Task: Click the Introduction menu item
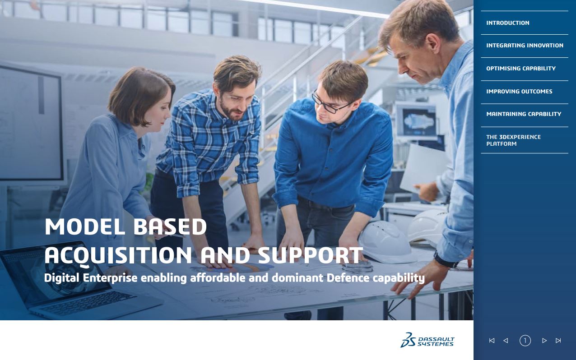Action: point(507,23)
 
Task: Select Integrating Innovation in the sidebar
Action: point(525,46)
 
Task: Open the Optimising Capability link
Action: point(520,69)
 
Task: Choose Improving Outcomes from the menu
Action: point(519,92)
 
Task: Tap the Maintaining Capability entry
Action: point(524,114)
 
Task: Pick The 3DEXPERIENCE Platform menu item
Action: point(513,140)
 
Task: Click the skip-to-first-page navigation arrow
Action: point(492,341)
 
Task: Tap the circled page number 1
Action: point(525,341)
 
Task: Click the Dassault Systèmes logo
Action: point(427,340)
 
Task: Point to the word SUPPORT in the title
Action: point(311,255)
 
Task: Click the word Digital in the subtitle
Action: point(62,278)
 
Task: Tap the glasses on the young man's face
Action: point(330,104)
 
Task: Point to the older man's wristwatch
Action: point(444,260)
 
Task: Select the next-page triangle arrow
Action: point(544,341)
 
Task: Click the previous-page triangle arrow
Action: point(506,341)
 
